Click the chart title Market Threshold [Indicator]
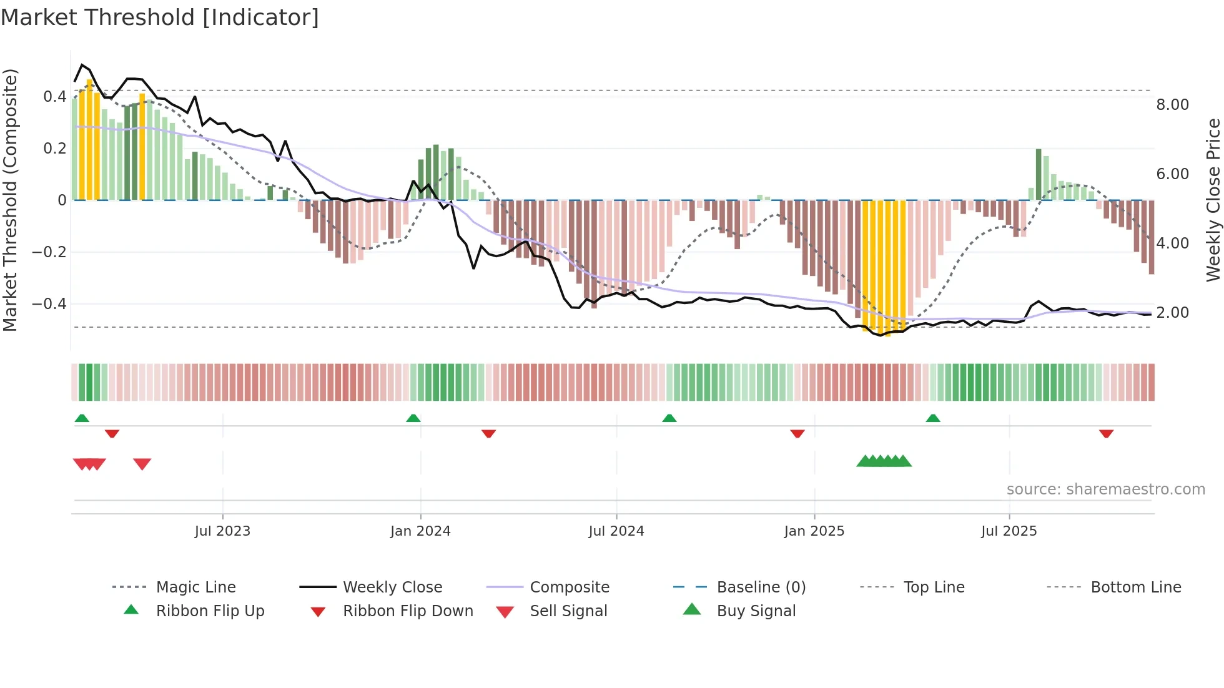coord(160,17)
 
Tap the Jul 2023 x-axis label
coord(222,531)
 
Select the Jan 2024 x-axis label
coord(420,531)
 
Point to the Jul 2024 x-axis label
coord(616,531)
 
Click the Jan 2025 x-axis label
coord(814,531)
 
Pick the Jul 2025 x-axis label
coord(1009,531)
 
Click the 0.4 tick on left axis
coord(54,97)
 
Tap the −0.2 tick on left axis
coord(50,252)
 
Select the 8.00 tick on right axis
coord(1172,105)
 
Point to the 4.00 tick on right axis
coord(1172,243)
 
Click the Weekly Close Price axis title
coord(1213,200)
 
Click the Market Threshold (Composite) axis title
coord(10,200)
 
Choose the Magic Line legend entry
coord(195,587)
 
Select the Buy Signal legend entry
coord(756,611)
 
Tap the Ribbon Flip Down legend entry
coord(408,611)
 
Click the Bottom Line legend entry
coord(1135,587)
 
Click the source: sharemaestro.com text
coord(1105,489)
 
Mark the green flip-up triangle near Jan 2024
coord(413,418)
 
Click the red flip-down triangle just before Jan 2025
coord(797,433)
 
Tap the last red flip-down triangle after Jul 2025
coord(1106,433)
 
